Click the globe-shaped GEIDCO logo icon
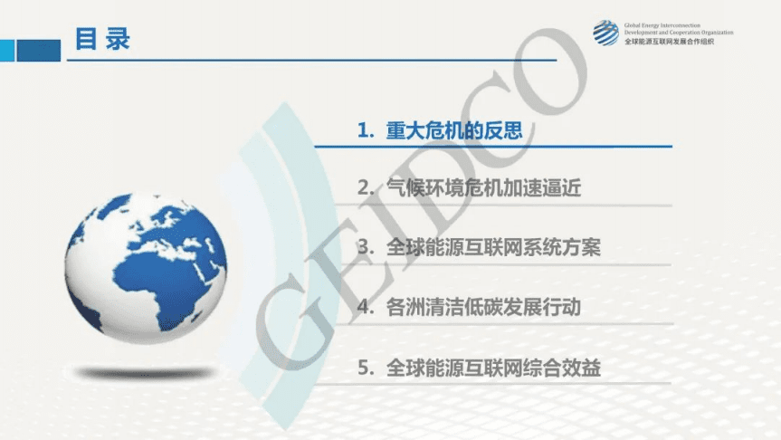(605, 33)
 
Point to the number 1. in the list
(366, 131)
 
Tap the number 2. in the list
(366, 189)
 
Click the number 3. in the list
(366, 248)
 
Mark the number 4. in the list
(366, 308)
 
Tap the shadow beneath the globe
(145, 372)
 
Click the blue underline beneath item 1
(493, 147)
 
